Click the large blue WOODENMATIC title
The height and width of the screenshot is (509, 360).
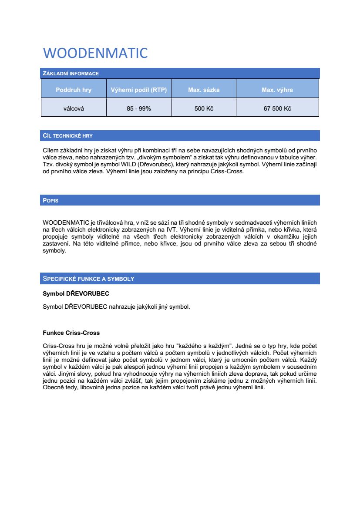click(x=95, y=53)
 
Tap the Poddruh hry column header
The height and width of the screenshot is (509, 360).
click(x=74, y=90)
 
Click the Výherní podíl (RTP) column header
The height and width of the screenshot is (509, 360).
click(x=138, y=90)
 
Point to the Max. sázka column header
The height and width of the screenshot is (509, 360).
click(x=204, y=90)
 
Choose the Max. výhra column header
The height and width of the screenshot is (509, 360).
click(x=277, y=90)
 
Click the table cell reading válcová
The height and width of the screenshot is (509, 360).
click(x=74, y=108)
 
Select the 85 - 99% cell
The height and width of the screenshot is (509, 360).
click(x=138, y=108)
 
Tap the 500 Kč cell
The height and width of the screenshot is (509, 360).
click(x=204, y=108)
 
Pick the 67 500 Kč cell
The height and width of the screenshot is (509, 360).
click(x=277, y=108)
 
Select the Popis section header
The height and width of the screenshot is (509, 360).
click(x=50, y=201)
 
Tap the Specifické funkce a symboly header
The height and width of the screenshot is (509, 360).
click(x=88, y=279)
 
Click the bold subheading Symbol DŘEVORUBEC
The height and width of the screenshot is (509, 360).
click(x=73, y=294)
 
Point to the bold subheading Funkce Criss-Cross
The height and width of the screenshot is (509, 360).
click(x=71, y=333)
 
